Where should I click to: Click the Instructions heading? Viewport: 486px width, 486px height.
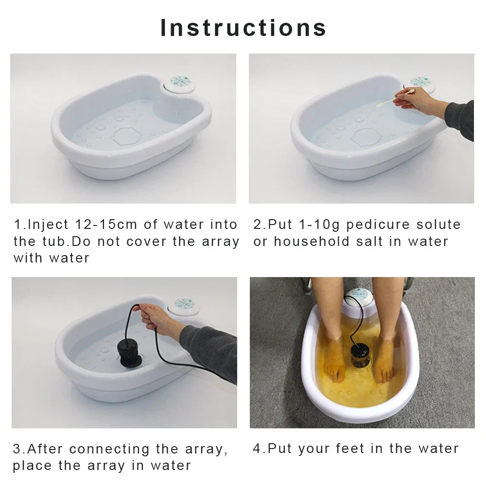[243, 27]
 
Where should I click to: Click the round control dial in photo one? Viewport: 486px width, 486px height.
[180, 83]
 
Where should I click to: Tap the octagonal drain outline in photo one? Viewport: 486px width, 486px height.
[126, 136]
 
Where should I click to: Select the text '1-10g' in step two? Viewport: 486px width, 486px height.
[316, 225]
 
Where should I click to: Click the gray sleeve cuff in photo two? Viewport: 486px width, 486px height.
[454, 117]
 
